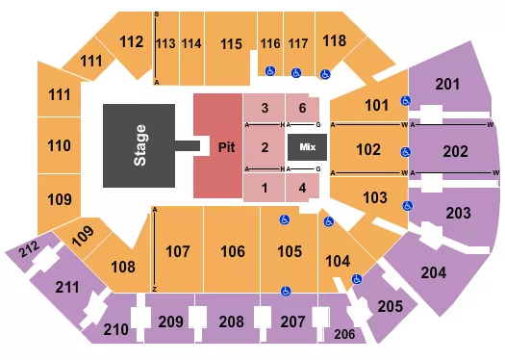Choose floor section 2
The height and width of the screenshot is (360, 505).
coord(264,147)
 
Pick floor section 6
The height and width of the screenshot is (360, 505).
coord(302,108)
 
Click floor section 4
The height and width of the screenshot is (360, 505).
coord(302,188)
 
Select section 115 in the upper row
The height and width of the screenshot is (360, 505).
coord(229,43)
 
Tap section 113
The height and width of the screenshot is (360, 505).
coord(165,44)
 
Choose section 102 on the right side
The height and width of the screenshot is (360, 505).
coord(367,149)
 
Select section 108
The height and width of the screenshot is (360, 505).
coord(123,267)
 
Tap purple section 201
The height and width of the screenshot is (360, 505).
coord(446,87)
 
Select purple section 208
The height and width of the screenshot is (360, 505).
coord(231,321)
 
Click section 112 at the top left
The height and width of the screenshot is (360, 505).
coord(131,41)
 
